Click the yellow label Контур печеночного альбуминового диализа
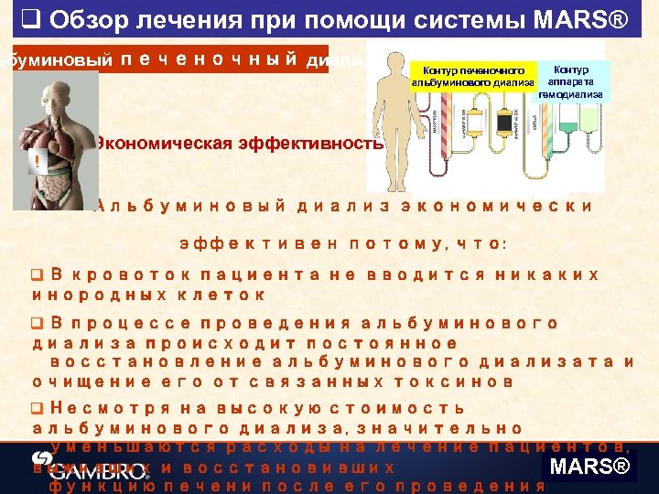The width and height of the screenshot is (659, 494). point(472,76)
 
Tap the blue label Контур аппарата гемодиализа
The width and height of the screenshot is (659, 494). point(570,81)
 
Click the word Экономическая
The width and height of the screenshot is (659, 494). point(152,145)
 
